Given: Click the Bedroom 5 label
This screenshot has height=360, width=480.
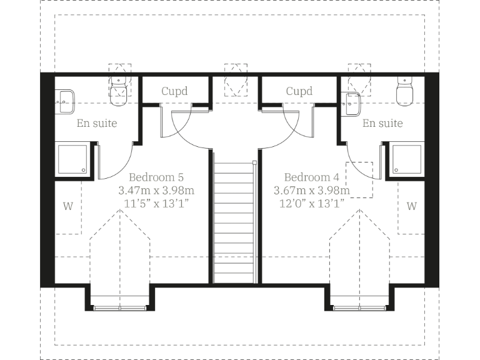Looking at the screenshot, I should tap(156, 177).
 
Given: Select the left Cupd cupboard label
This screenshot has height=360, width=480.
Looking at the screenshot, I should tap(174, 91).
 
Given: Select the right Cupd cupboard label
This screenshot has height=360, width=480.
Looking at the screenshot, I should tap(299, 91).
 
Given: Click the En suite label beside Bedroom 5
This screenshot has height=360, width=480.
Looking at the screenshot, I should tap(97, 123).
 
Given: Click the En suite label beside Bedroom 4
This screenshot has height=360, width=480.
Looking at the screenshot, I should tap(382, 123).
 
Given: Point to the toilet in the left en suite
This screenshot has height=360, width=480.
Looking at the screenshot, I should tap(119, 92).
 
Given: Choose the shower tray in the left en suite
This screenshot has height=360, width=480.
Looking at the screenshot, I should tap(73, 160).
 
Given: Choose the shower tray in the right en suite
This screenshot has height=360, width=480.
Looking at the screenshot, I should tap(406, 160).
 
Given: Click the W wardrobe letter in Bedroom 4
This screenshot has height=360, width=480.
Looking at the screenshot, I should tap(411, 206).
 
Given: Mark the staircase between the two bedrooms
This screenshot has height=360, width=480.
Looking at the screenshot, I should tap(235, 219).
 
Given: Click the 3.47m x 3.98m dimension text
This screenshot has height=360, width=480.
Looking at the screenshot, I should tap(156, 190).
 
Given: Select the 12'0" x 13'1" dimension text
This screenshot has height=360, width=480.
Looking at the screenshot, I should tap(311, 203).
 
